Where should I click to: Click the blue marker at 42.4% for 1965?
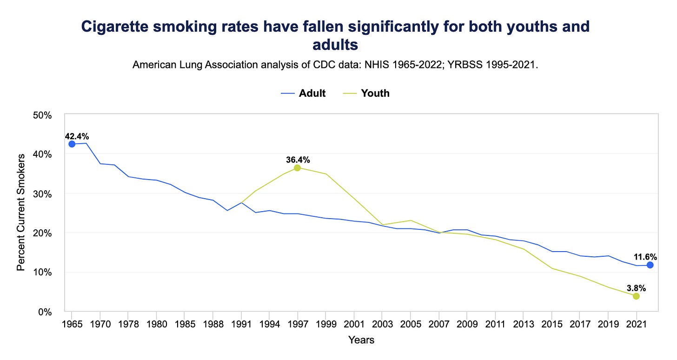(x=72, y=144)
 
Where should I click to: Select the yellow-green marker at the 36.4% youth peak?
(x=297, y=167)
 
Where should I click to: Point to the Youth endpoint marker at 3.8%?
(x=636, y=296)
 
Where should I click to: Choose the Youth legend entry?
(x=368, y=93)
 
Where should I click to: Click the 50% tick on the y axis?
(x=43, y=114)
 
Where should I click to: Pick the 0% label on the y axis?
(x=46, y=312)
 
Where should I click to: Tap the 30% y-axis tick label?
(x=43, y=193)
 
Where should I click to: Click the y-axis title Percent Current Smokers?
(x=21, y=213)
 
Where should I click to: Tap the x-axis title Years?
(x=361, y=340)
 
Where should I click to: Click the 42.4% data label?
(x=77, y=136)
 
